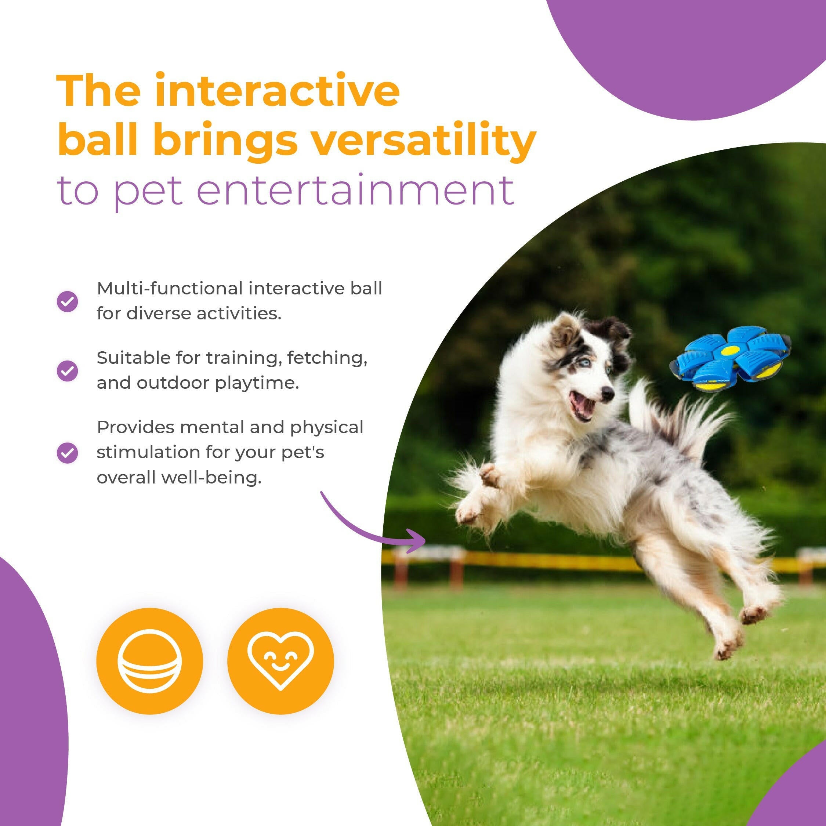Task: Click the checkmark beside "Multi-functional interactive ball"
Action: (x=68, y=301)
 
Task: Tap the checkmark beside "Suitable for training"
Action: (x=68, y=370)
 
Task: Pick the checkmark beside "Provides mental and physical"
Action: (x=68, y=452)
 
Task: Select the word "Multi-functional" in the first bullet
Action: (x=170, y=289)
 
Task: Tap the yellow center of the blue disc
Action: (x=730, y=351)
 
